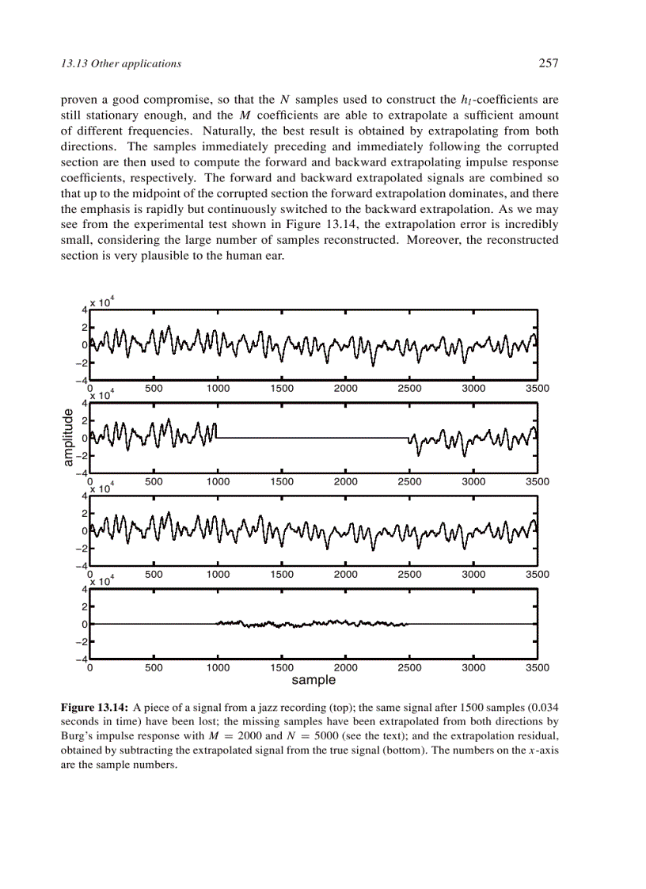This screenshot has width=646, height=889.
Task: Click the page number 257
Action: coord(549,63)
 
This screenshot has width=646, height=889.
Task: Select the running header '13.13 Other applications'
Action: coord(121,63)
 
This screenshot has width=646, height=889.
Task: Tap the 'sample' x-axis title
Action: coord(313,680)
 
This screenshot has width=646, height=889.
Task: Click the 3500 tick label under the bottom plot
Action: coord(538,667)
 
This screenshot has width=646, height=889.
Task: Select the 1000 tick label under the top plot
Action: coord(218,389)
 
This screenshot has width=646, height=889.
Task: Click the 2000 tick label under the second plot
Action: coord(345,481)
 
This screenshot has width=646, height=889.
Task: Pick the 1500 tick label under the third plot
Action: coord(282,574)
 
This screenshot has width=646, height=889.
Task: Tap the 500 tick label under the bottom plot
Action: coord(154,667)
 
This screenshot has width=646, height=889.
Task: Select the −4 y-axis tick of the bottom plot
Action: coord(81,659)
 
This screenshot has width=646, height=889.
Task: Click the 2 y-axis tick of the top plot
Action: coord(84,327)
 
